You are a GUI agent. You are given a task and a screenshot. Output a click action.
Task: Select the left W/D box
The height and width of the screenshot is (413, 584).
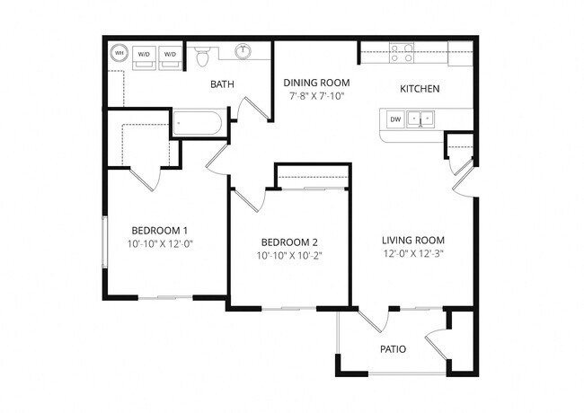tap(144, 56)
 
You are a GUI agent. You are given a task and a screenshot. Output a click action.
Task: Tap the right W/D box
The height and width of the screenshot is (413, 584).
tap(170, 56)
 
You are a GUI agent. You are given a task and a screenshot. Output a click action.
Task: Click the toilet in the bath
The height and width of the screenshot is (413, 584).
tap(202, 56)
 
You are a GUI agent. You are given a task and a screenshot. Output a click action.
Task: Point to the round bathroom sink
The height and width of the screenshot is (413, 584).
tap(243, 52)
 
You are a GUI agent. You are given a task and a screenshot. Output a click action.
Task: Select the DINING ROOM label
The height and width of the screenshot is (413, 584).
tap(316, 82)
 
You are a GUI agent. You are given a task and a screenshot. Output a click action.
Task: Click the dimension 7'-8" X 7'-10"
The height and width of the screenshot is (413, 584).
tap(316, 95)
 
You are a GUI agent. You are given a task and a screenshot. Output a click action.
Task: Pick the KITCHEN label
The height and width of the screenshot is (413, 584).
tap(419, 89)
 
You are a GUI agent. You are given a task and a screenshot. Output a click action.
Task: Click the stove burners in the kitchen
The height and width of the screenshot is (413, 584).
tap(403, 53)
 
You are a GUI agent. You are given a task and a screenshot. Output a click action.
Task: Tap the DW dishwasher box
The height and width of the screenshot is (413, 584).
tap(394, 119)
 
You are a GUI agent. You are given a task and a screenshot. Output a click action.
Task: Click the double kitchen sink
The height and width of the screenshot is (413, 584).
tap(420, 119)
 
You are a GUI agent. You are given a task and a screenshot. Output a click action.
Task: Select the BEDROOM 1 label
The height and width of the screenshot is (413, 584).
tap(160, 229)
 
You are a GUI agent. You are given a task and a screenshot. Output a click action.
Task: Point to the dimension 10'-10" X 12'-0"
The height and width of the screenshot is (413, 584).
tap(160, 243)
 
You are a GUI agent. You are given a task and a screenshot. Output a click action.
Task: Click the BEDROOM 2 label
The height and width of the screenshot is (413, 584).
tap(289, 242)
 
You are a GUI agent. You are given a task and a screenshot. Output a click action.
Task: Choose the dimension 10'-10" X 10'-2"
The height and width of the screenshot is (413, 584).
tap(289, 256)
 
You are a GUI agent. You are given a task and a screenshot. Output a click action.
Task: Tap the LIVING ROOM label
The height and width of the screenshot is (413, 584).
tap(413, 240)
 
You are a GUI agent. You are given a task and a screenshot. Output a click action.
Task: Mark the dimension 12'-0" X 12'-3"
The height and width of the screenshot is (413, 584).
tap(413, 253)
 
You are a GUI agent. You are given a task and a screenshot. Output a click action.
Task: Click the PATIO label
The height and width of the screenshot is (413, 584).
tap(392, 348)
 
